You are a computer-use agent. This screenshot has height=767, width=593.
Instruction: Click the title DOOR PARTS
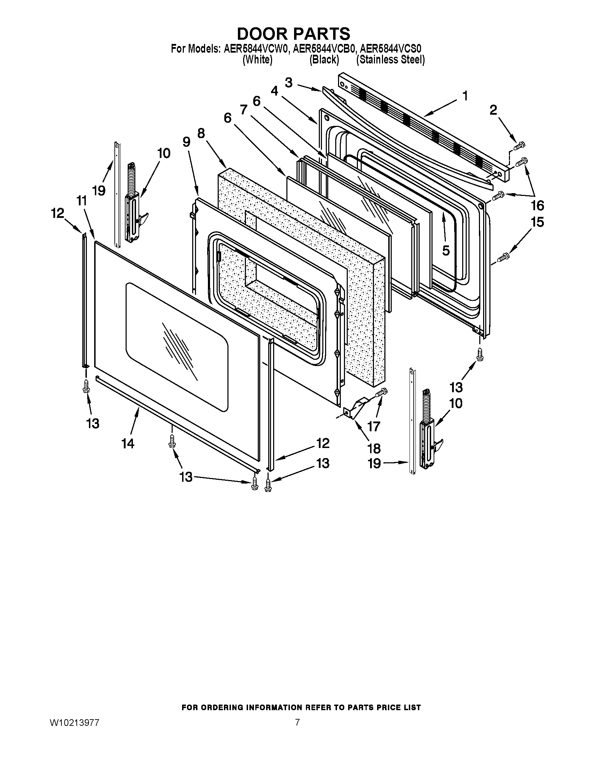tap(293, 34)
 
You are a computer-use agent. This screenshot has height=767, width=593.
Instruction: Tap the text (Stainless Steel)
tap(390, 60)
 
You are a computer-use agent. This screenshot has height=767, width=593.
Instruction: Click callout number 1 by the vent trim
tap(465, 96)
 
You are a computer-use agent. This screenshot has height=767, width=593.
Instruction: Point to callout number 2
tap(493, 110)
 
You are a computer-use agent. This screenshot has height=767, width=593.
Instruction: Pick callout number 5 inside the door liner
tap(445, 250)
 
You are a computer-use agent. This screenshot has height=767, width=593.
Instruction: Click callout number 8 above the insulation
tap(201, 134)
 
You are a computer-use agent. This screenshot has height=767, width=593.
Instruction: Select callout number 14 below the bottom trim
tap(128, 443)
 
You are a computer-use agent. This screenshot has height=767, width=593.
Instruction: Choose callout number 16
tap(538, 205)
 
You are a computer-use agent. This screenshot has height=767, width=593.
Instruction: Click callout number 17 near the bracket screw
tap(374, 426)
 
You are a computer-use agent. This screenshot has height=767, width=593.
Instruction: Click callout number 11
tap(82, 201)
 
